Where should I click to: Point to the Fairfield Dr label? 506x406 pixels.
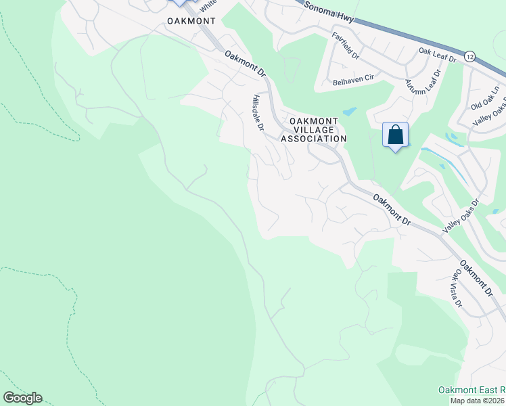pyautogui.click(x=344, y=46)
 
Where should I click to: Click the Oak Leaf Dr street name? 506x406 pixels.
pyautogui.click(x=438, y=55)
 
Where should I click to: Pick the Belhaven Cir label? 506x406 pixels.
pyautogui.click(x=353, y=80)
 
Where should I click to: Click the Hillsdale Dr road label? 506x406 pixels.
pyautogui.click(x=258, y=112)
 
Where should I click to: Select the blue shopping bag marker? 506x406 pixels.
pyautogui.click(x=395, y=135)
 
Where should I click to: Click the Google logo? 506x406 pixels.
pyautogui.click(x=22, y=398)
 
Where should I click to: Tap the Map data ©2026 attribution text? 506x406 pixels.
pyautogui.click(x=478, y=401)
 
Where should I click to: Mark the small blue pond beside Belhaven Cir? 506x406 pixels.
pyautogui.click(x=349, y=112)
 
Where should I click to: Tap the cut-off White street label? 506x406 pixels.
pyautogui.click(x=208, y=3)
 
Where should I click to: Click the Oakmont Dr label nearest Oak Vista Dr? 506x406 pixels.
pyautogui.click(x=476, y=278)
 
